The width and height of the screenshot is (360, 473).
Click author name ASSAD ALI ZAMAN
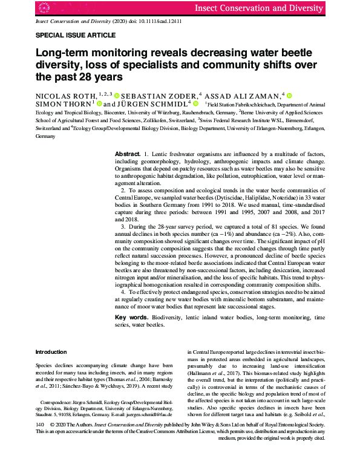pyautogui.click(x=243, y=96)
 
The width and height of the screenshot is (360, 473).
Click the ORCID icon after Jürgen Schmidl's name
pyautogui.click(x=197, y=104)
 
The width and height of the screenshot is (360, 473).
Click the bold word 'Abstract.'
pyautogui.click(x=128, y=154)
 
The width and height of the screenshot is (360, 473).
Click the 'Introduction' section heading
pyautogui.click(x=51, y=351)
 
